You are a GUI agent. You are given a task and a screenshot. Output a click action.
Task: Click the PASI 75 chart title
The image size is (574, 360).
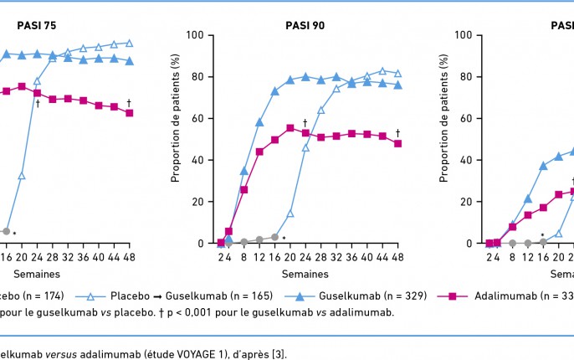[37, 25]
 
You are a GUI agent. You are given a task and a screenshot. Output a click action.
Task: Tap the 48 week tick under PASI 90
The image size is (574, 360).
[397, 257]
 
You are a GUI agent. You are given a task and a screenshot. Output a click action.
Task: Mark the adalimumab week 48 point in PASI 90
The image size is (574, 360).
[397, 143]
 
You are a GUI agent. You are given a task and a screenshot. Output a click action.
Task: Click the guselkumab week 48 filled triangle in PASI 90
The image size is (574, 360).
[397, 85]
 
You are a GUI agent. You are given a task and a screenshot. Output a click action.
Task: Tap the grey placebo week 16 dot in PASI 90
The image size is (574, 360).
[274, 237]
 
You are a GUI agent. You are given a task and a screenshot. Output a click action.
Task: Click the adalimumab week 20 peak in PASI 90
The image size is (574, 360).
[290, 127]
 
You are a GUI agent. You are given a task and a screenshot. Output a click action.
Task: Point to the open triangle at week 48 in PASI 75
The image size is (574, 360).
[129, 43]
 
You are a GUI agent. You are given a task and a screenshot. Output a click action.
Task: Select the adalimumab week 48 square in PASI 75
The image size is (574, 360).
[129, 112]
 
